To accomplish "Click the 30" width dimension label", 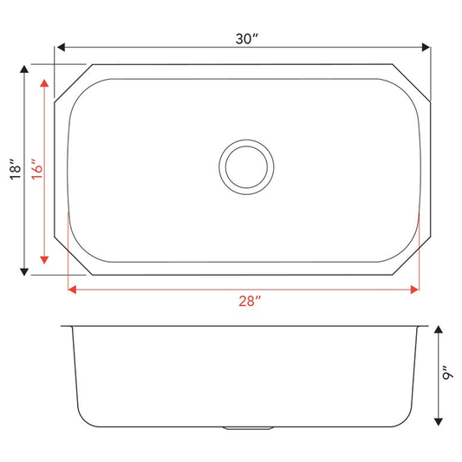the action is [247, 39].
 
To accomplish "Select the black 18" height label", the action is [16, 170].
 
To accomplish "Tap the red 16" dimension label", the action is [37, 169].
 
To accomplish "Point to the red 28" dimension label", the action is [250, 301].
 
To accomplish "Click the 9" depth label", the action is [447, 374].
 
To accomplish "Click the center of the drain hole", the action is [246, 167].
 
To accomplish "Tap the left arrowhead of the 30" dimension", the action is [61, 47].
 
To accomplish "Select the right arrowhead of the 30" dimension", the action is [426, 47].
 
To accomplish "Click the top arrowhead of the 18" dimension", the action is [24, 69].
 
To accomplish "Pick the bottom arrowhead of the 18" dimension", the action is [24, 272].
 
